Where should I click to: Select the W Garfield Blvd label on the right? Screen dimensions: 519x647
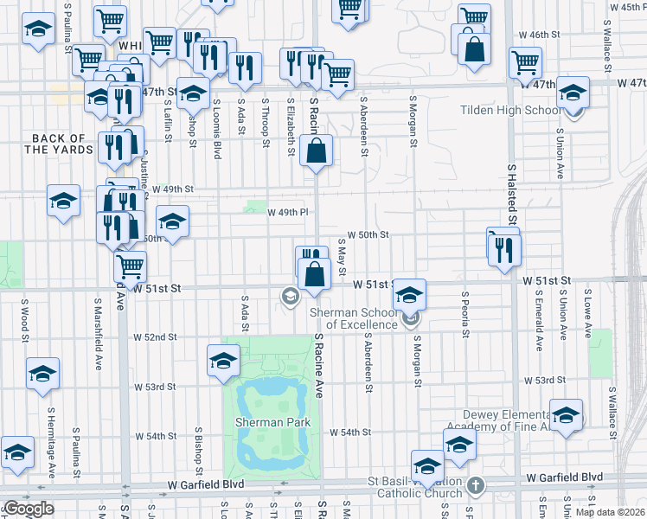coord(568,477)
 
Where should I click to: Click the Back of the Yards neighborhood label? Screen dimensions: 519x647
coord(59,144)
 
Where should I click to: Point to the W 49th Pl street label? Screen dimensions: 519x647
coord(287,212)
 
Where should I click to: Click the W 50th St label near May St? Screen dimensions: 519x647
coord(369,234)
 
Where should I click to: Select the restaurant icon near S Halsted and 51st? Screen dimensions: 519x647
coord(503,249)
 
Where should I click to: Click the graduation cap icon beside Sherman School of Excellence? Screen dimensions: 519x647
coord(409,296)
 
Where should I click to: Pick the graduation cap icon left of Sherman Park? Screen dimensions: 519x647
coord(223,361)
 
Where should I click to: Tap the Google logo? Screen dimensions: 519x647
coord(28,508)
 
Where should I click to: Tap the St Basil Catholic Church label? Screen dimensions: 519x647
coord(415,487)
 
